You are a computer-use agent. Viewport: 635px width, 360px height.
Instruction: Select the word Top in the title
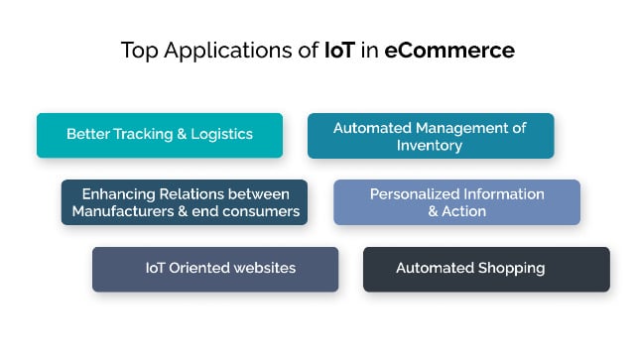tap(138, 51)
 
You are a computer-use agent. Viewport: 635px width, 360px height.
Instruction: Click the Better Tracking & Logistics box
tap(160, 135)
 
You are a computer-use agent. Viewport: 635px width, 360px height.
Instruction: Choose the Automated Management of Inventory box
tap(431, 136)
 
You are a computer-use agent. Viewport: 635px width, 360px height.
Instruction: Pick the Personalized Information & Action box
tap(456, 202)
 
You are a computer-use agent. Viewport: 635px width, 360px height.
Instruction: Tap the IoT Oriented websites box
tap(215, 269)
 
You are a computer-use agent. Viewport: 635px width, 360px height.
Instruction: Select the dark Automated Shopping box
tap(486, 269)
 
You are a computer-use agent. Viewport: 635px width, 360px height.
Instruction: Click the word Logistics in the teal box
tap(223, 135)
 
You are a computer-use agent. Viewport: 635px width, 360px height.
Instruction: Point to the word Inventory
tap(431, 145)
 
